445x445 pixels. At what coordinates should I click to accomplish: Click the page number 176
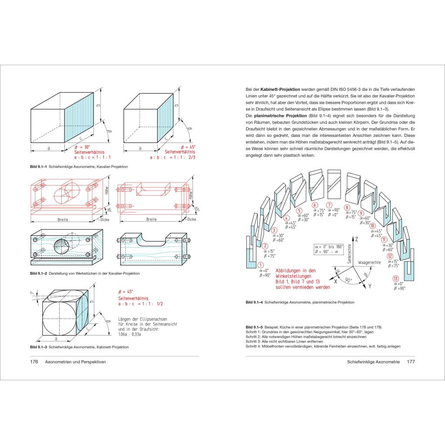pos(34,362)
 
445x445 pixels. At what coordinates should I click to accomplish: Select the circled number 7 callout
pos(329,205)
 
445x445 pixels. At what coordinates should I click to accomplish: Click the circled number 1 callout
pos(261,265)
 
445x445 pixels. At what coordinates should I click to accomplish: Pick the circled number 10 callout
pos(372,226)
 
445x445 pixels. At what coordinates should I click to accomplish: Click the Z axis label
pos(356,239)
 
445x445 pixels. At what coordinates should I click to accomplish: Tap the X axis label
pos(335,282)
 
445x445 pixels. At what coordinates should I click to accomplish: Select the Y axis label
pos(370,287)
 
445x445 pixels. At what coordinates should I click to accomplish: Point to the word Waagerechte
pos(370,263)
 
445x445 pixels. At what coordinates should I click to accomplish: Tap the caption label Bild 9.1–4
pos(255,302)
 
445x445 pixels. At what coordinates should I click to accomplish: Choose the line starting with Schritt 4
pos(322,346)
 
